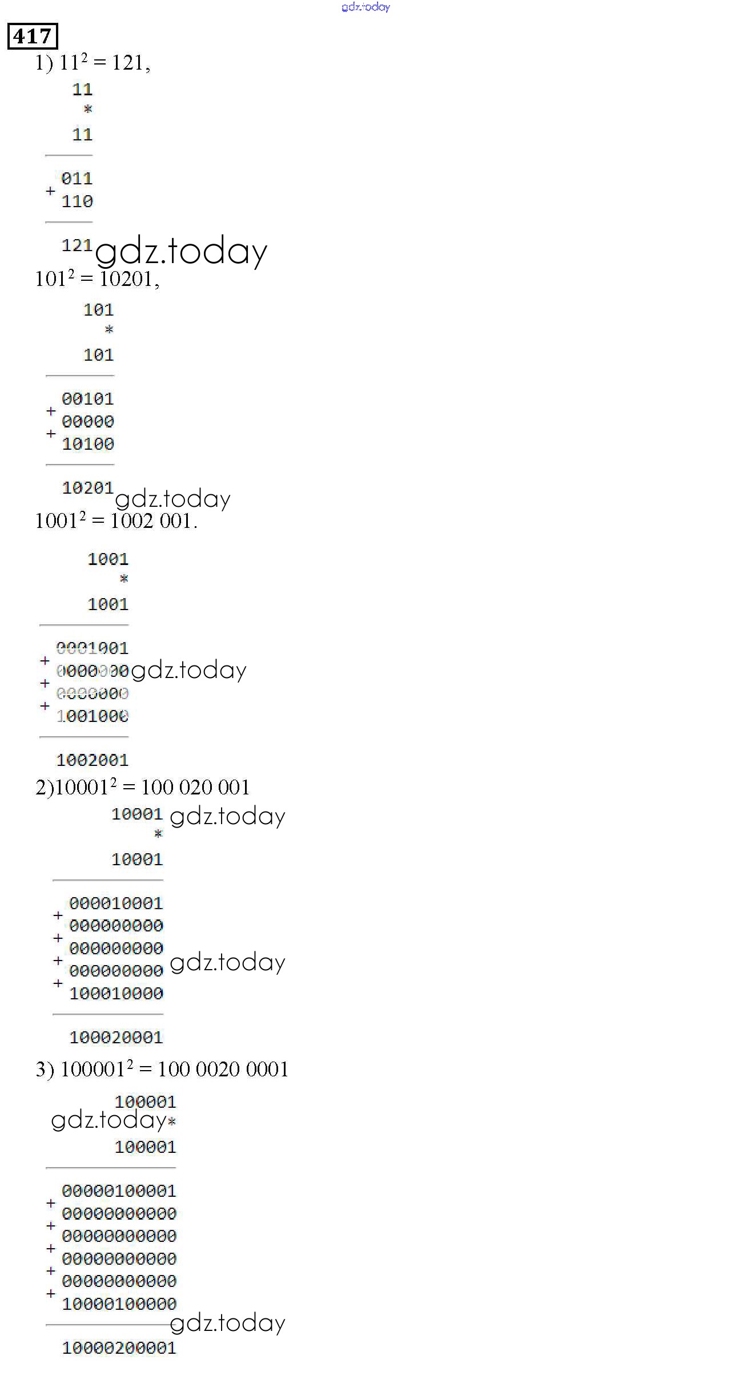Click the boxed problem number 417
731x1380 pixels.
pos(33,37)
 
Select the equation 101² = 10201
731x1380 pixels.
pos(97,279)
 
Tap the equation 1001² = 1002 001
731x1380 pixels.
pos(116,520)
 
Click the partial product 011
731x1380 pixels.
pos(77,179)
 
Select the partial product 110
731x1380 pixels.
pos(77,201)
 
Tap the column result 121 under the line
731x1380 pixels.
pos(77,245)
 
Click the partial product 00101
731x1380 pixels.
pos(88,399)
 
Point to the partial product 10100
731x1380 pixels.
pos(88,443)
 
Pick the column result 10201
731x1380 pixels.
pos(88,488)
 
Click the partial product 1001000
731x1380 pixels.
pos(93,716)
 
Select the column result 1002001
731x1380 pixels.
pos(93,760)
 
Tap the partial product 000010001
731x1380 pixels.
pos(117,903)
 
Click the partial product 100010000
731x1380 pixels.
pos(117,994)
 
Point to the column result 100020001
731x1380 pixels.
pos(117,1038)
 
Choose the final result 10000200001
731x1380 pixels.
pos(119,1348)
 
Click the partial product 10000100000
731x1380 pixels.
pos(119,1304)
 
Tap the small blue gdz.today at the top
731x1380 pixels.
pos(366,7)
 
